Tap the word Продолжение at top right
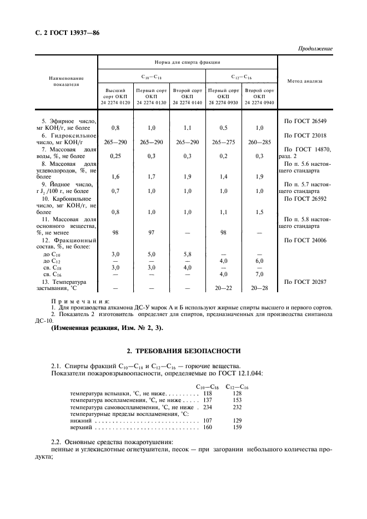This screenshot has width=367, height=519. coord(314,49)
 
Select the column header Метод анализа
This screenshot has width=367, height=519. coord(304,81)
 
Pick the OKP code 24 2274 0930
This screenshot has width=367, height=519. coord(223,103)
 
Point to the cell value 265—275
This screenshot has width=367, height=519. coord(223,143)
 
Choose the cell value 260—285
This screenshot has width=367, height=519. coord(259,143)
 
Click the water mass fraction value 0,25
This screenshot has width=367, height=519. coord(115,157)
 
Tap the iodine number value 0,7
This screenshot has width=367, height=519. coord(115,191)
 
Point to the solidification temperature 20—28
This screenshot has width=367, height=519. coord(259,288)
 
